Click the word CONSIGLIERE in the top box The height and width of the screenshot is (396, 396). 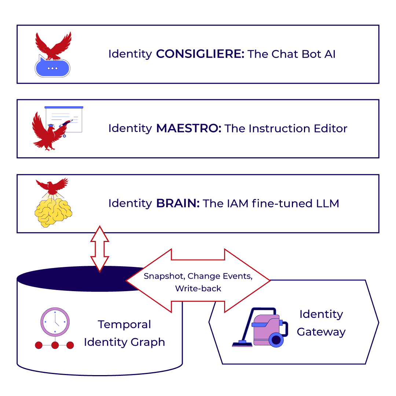[200, 54]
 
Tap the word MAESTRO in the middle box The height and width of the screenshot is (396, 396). [188, 129]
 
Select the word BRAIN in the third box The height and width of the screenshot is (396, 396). [178, 203]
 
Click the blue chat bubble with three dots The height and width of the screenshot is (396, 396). [52, 68]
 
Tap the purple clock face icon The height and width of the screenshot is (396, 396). [55, 322]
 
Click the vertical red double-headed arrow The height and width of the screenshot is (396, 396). [100, 249]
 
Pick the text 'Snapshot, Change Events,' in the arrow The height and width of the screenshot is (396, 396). [198, 276]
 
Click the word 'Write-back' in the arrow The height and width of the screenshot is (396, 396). [198, 289]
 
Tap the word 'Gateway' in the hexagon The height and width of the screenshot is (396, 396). [321, 332]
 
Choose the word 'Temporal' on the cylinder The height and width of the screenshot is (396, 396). [124, 324]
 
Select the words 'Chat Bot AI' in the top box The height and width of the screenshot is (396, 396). [304, 54]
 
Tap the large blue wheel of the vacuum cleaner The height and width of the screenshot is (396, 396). [276, 340]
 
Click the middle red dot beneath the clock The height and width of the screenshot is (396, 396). [55, 345]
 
